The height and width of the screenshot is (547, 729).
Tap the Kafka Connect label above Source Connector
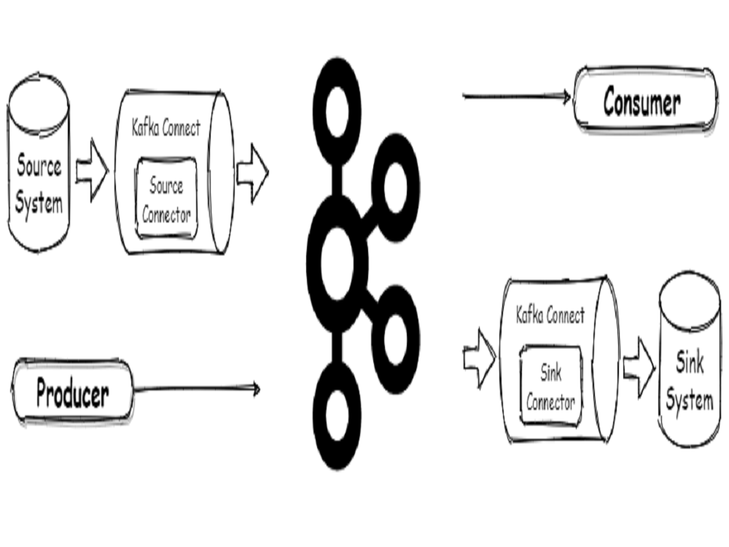(x=166, y=129)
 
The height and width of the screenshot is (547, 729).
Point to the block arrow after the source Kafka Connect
(x=252, y=173)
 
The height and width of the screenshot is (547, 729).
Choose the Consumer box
(x=642, y=103)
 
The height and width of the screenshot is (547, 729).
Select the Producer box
(x=73, y=393)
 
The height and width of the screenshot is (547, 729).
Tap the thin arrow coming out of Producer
(x=197, y=389)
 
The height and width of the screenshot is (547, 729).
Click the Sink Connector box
(x=551, y=387)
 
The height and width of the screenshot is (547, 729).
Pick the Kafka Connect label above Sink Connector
(x=550, y=316)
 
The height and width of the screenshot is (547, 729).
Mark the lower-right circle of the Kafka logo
(x=395, y=336)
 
